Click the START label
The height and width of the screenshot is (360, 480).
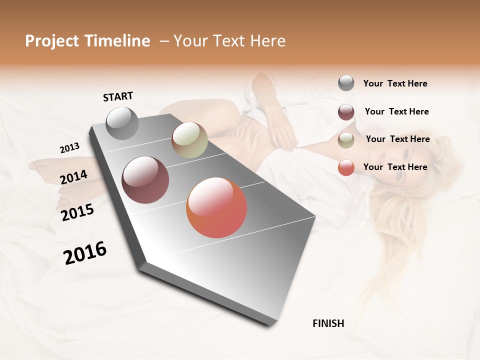click(118, 96)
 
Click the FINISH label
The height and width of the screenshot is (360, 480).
click(328, 323)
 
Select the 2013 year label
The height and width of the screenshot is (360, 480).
click(69, 148)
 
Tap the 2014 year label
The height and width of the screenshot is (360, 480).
click(73, 177)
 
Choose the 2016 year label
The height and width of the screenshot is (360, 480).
click(85, 253)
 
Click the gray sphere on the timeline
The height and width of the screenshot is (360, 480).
click(122, 123)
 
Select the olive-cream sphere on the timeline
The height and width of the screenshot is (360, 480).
click(189, 140)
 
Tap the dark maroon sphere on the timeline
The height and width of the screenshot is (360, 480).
click(145, 180)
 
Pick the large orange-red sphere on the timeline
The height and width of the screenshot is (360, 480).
click(216, 207)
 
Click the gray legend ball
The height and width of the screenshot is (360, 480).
click(346, 83)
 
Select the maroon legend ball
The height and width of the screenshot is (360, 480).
click(346, 112)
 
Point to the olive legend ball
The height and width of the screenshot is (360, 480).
click(346, 140)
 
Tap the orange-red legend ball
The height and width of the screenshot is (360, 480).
click(346, 167)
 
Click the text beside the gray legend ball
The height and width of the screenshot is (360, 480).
click(395, 84)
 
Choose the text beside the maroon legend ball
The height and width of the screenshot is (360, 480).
click(396, 111)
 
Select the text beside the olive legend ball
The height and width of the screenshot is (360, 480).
click(397, 139)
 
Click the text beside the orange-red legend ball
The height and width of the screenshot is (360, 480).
click(395, 167)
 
